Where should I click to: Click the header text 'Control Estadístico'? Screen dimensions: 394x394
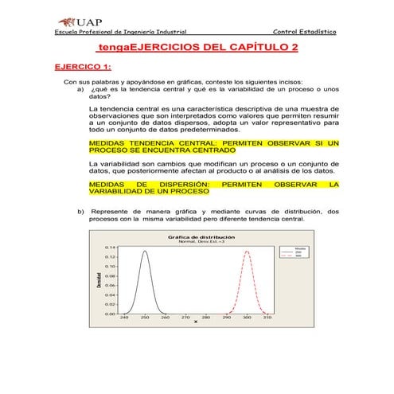[x=304, y=32]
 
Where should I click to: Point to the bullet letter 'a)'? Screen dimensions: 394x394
[x=80, y=89]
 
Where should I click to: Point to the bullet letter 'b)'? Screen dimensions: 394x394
[x=80, y=212]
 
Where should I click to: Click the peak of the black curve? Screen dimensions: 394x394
[x=144, y=252]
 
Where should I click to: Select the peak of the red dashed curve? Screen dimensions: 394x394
[x=247, y=252]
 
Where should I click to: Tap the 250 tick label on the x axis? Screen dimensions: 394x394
[x=144, y=318]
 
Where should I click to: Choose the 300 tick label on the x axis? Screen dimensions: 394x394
[x=247, y=318]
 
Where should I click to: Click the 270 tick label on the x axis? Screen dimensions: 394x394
[x=185, y=318]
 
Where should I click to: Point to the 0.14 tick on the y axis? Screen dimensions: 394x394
[x=112, y=248]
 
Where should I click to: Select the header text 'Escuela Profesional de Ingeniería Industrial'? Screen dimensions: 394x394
[x=119, y=32]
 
